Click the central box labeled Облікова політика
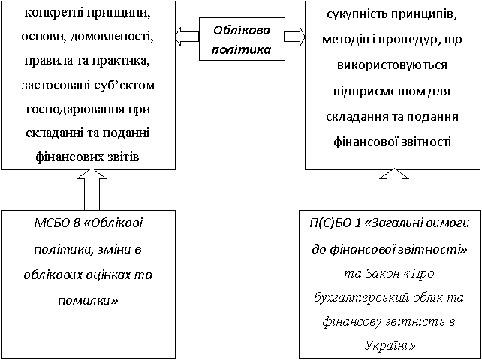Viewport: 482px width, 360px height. click(241, 39)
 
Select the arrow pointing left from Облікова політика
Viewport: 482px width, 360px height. click(187, 37)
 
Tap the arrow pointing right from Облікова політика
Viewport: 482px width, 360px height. click(294, 36)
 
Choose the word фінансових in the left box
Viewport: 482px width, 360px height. click(63, 158)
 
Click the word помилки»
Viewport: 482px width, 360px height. click(88, 300)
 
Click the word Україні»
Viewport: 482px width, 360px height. click(390, 346)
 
